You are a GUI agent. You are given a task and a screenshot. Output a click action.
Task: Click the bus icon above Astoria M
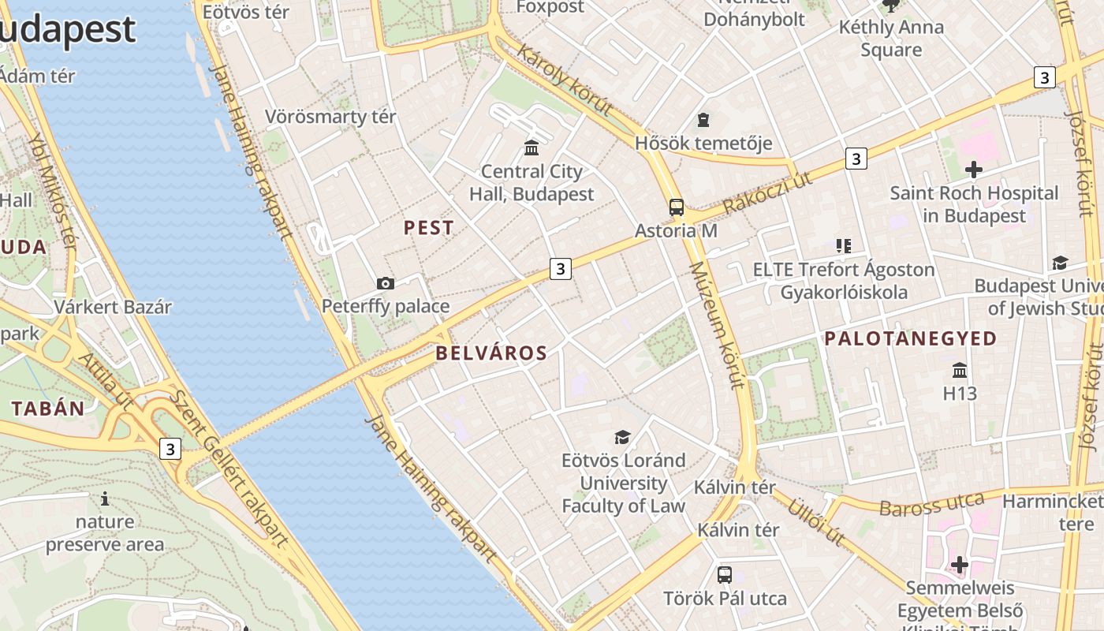(677, 207)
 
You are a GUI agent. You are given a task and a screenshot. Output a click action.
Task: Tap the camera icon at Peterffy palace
(386, 283)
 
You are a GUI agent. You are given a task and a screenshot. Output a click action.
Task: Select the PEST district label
(429, 228)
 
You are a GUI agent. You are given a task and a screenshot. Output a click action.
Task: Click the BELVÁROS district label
(491, 353)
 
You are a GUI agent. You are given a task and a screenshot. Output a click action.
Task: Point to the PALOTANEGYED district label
(911, 339)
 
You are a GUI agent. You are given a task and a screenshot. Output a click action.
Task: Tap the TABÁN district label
(48, 409)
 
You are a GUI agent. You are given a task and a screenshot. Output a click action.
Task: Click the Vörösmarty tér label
(330, 117)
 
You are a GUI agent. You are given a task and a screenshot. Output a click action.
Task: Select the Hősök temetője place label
(703, 144)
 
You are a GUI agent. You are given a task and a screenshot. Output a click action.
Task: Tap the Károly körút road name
(565, 81)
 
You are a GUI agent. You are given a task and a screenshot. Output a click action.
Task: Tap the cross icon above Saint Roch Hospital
(974, 169)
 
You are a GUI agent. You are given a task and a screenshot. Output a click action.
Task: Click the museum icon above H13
(960, 370)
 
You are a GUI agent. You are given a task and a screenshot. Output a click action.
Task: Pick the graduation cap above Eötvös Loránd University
(623, 437)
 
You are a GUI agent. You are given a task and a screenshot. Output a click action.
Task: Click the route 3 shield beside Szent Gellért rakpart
(170, 450)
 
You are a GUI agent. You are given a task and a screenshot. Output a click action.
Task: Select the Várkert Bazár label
(113, 307)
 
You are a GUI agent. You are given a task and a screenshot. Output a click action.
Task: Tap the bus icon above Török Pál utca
(725, 575)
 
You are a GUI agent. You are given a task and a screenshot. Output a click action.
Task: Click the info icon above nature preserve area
(105, 498)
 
